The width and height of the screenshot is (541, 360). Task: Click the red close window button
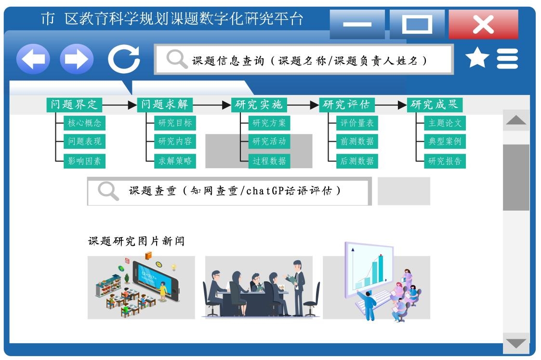pos(483,25)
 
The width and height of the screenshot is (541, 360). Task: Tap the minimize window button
pos(357,25)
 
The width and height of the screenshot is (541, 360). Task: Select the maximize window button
pos(417,25)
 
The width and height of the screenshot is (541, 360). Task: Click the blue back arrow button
pos(33,59)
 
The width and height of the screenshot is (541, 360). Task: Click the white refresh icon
pos(124,59)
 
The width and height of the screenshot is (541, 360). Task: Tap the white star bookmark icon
pos(477,58)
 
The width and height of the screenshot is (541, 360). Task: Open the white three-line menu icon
pos(507,58)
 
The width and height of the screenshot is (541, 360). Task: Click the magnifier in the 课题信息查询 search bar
pos(177,59)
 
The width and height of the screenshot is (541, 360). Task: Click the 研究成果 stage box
pos(435,105)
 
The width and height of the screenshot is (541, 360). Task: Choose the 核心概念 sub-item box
pos(84,123)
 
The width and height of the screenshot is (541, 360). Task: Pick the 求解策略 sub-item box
pos(175,161)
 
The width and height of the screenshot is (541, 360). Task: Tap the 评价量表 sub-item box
pos(357,123)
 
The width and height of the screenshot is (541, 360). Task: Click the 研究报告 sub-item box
pos(445,161)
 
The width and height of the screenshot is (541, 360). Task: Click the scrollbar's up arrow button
pos(516,120)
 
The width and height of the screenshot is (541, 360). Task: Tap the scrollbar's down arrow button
pos(516,343)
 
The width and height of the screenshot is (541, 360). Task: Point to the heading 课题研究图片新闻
pos(136,241)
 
